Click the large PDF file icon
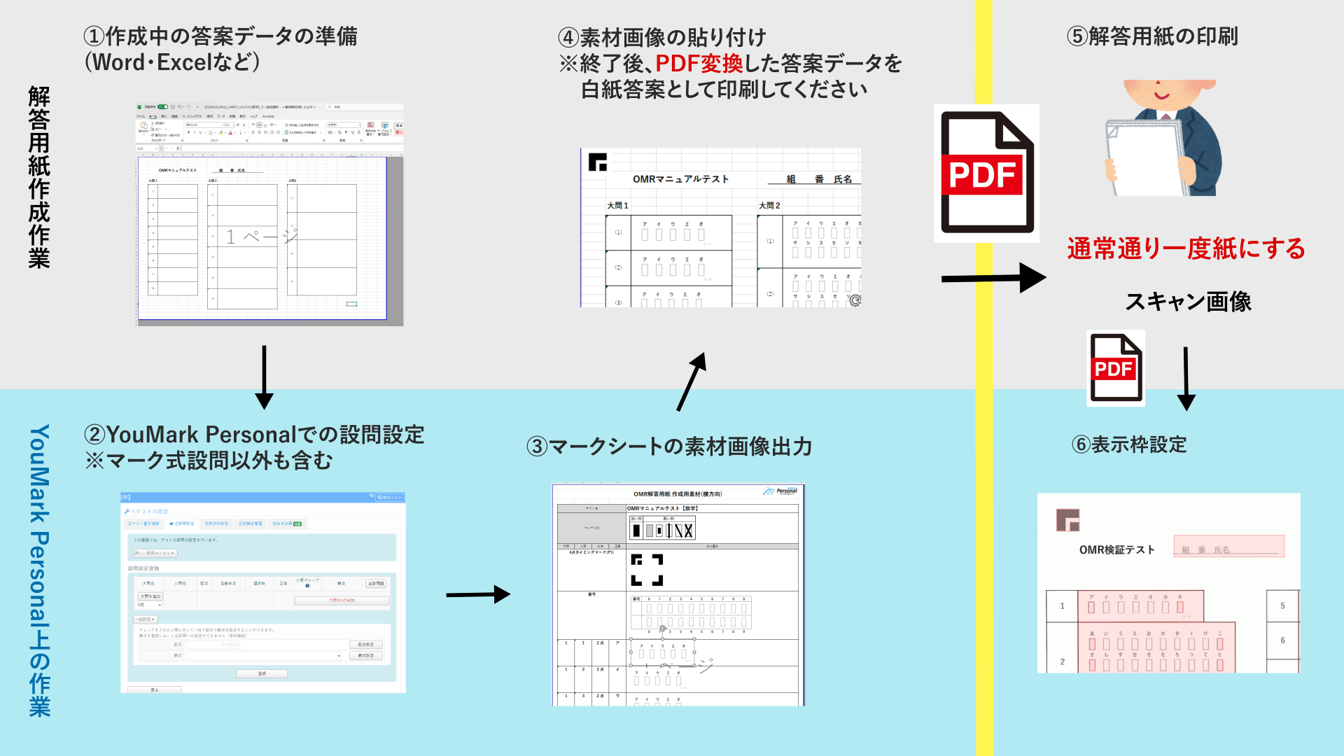click(x=987, y=173)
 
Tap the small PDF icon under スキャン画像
click(x=1116, y=368)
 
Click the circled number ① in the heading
click(x=94, y=36)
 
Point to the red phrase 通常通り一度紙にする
click(x=1186, y=248)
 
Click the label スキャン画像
click(x=1188, y=302)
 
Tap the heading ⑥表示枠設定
click(x=1129, y=444)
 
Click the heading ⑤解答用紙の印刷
click(x=1152, y=36)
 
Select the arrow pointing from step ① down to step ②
click(x=264, y=377)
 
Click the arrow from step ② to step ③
click(x=479, y=595)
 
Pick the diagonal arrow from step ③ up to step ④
click(x=692, y=381)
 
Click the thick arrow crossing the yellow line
click(x=993, y=278)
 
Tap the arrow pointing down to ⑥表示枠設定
click(x=1186, y=379)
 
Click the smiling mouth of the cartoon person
click(x=1162, y=95)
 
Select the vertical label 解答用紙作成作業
click(x=39, y=177)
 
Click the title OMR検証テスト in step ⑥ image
click(x=1116, y=550)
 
